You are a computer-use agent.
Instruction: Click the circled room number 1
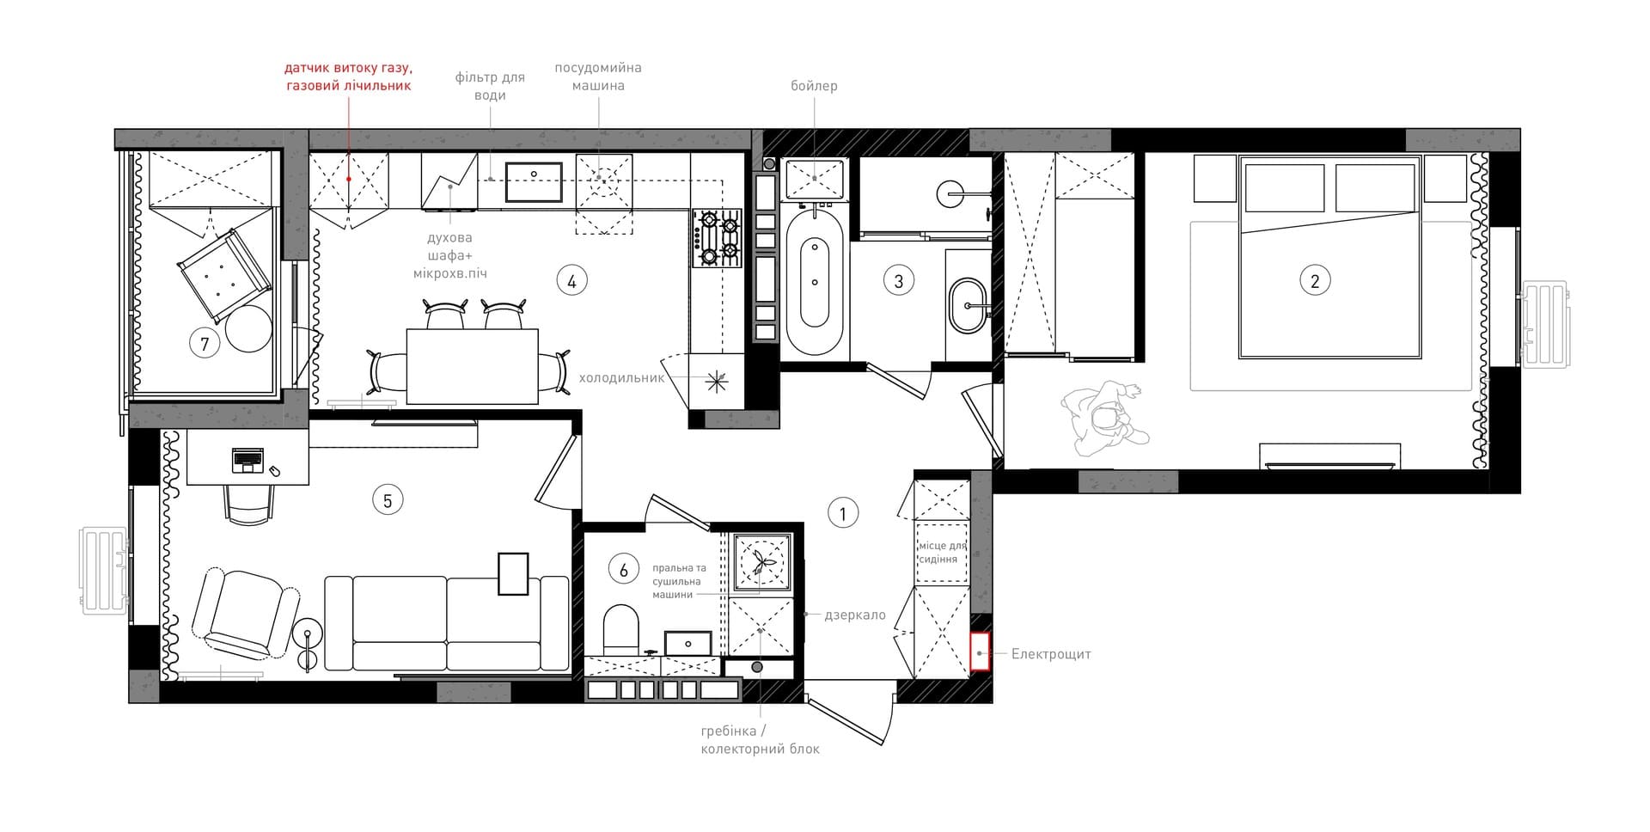842,514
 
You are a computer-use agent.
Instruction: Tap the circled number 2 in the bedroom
1314,280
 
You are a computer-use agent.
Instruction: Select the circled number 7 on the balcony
205,345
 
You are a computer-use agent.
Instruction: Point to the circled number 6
623,569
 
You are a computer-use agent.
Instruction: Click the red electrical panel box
980,652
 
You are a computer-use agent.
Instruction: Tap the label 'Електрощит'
1051,654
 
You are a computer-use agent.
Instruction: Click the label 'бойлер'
814,86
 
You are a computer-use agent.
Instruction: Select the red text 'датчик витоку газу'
349,68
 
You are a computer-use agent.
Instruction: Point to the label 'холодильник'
622,377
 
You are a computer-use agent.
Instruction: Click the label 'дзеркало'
855,615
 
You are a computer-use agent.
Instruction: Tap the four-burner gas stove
718,237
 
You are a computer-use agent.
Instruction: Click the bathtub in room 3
815,283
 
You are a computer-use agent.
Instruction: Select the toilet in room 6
621,628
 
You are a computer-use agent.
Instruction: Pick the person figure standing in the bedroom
1104,419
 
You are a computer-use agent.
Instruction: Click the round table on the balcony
248,328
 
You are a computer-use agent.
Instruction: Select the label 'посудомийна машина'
598,76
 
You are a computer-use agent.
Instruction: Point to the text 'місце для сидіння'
943,553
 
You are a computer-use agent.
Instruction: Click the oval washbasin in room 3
970,305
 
